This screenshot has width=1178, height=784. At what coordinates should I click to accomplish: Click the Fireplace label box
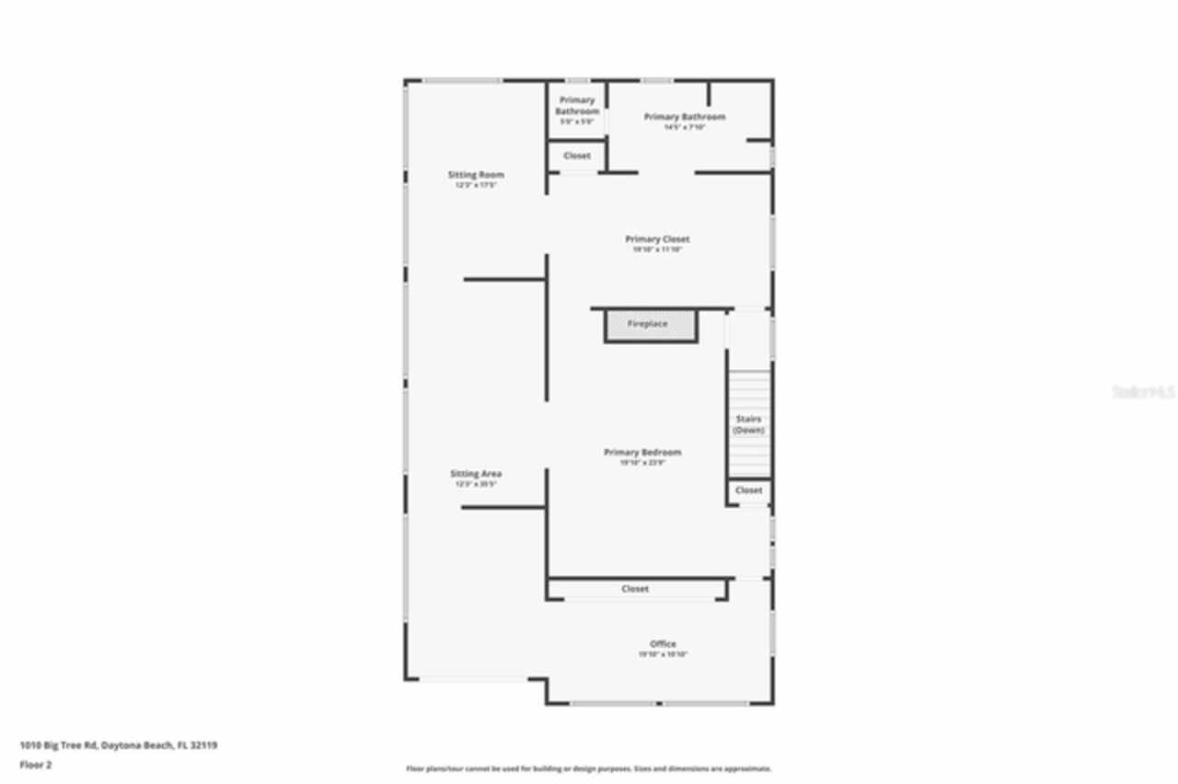649,325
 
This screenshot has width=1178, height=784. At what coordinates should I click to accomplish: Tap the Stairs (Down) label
748,424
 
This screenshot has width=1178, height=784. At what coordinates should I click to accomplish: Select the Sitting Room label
476,175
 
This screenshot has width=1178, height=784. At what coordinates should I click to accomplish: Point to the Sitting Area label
476,474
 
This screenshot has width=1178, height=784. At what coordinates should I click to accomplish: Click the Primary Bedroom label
642,453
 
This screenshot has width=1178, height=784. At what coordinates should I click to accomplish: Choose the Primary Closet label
657,239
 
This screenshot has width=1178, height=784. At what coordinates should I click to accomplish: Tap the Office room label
663,644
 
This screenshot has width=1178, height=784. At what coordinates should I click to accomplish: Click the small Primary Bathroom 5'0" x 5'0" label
577,106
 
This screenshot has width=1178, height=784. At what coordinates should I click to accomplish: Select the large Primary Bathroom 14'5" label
685,117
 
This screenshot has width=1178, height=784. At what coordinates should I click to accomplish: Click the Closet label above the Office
635,589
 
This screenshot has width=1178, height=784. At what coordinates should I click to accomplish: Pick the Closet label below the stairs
749,490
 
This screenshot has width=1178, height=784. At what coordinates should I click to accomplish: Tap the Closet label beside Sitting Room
577,156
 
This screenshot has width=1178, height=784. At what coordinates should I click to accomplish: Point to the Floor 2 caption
35,765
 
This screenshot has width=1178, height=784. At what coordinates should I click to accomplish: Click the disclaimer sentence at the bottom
589,768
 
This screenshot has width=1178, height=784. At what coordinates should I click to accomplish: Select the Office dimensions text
663,654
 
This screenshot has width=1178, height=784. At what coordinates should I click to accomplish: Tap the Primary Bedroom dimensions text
642,463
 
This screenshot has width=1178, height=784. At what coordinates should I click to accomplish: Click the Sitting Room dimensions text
476,185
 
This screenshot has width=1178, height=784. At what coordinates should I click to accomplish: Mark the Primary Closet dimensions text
657,249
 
